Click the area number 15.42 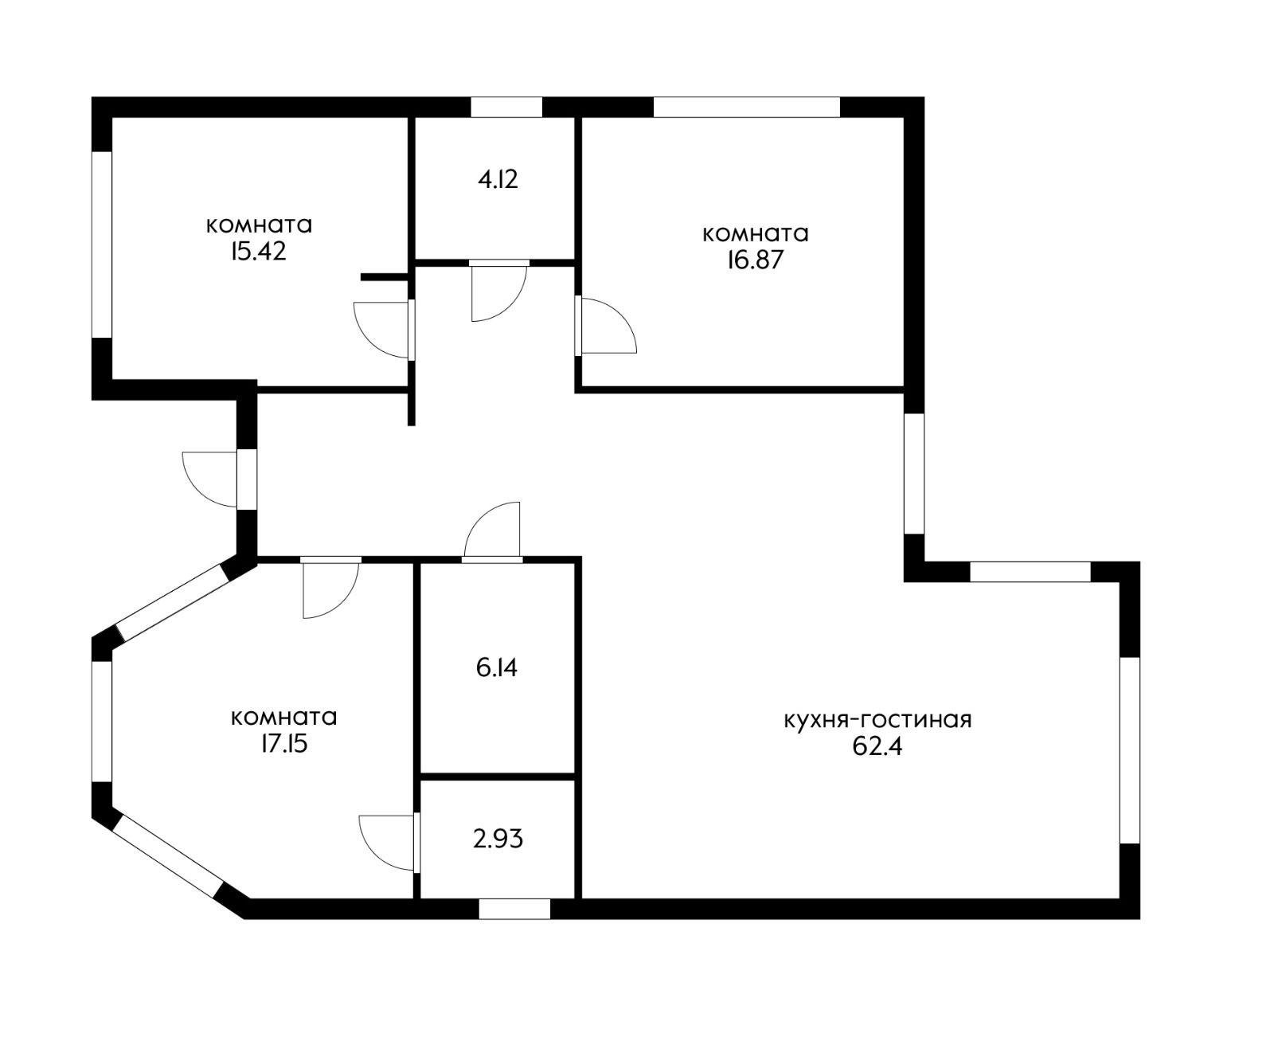(x=259, y=252)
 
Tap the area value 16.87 (x=755, y=260)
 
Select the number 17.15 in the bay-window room (x=283, y=745)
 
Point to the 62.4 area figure (x=877, y=747)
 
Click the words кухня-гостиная (x=878, y=720)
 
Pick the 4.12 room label (x=498, y=179)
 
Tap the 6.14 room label (x=496, y=667)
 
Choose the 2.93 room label (x=498, y=839)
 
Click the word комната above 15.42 (x=259, y=225)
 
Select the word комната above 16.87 (x=756, y=234)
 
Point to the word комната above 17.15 (x=284, y=718)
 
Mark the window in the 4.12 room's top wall (x=506, y=107)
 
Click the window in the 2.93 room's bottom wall (x=514, y=909)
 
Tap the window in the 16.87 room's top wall (x=746, y=107)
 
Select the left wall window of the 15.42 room (x=102, y=245)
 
